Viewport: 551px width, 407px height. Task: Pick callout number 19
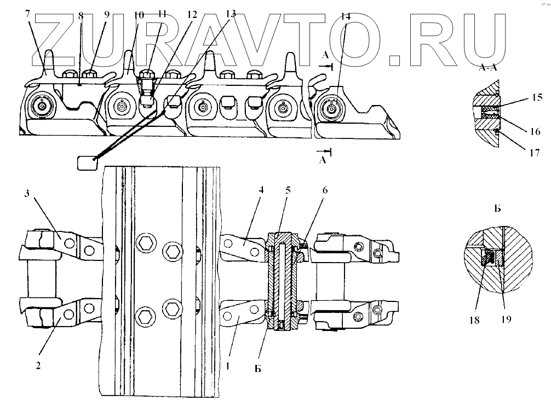point(506,319)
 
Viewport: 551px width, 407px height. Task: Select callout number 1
point(228,362)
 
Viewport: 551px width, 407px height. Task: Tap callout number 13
point(231,14)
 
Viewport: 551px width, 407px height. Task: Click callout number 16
point(536,131)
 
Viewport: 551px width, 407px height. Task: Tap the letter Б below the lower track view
point(257,368)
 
